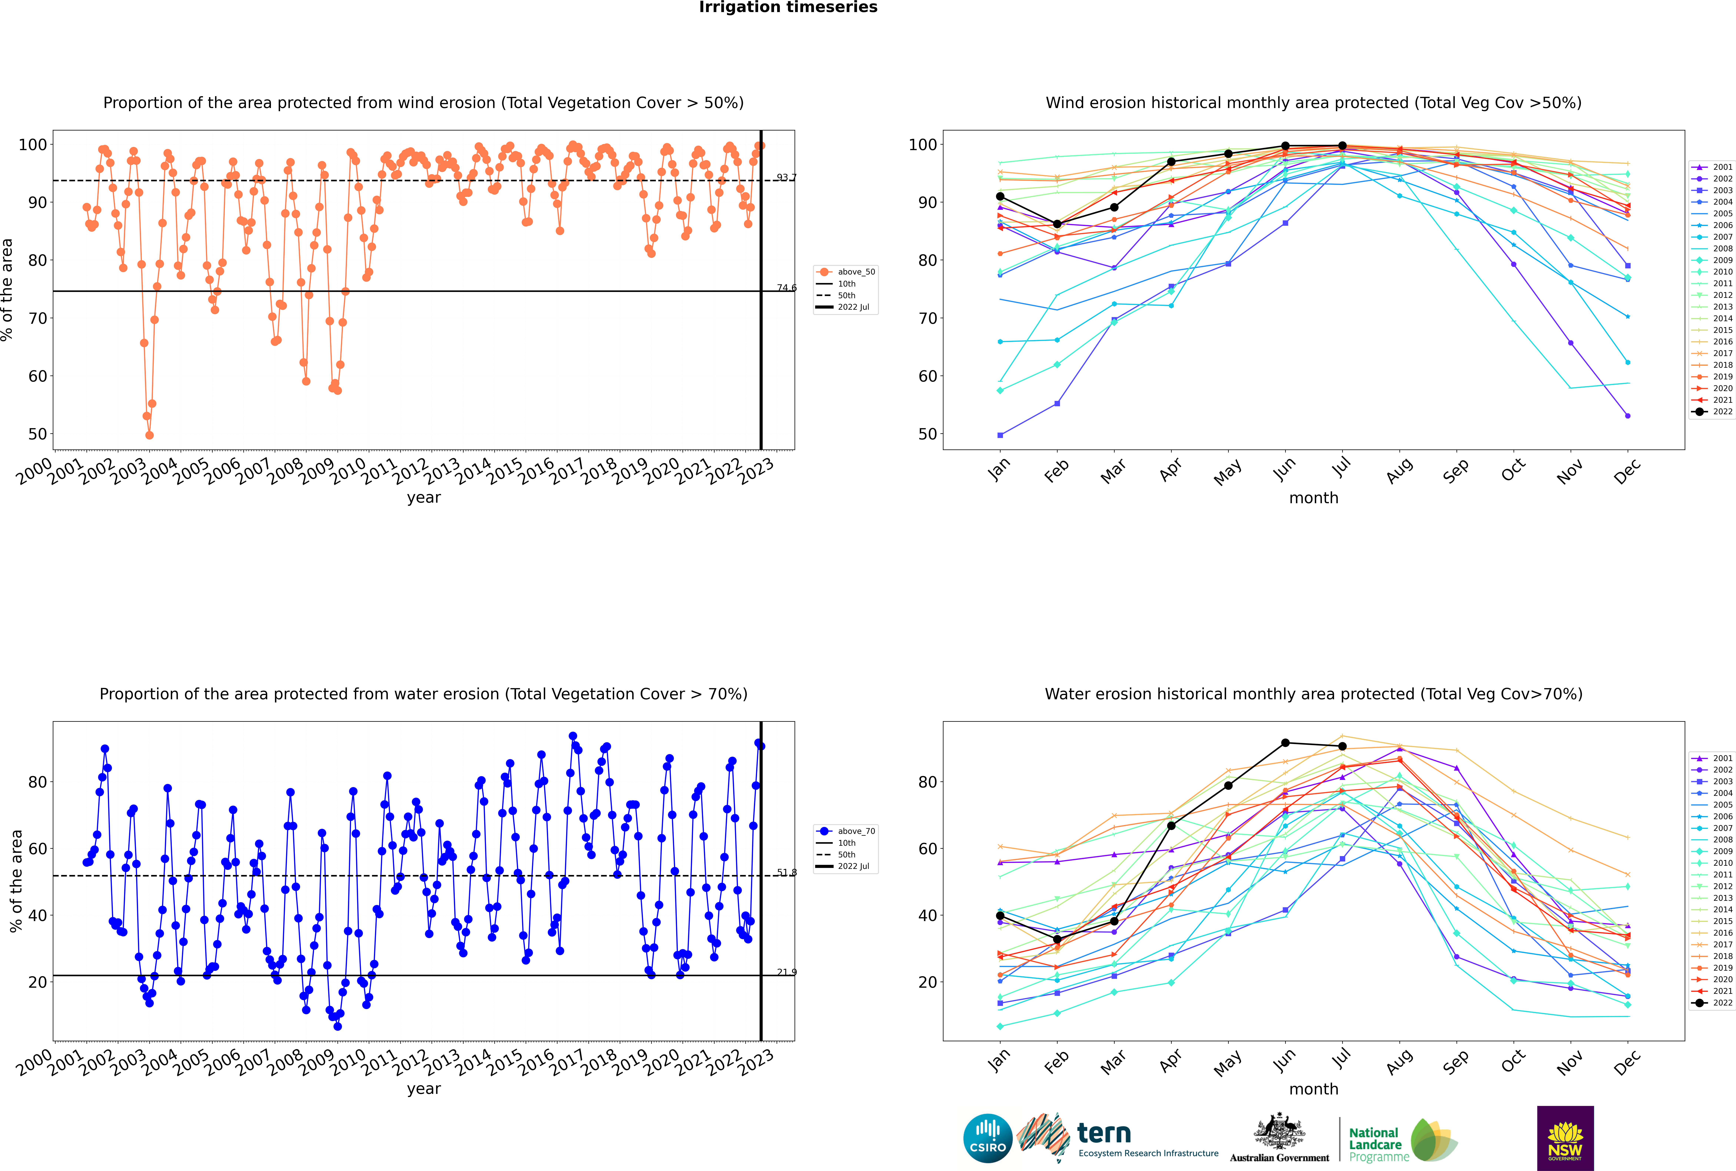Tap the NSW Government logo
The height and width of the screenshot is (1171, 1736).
click(1565, 1138)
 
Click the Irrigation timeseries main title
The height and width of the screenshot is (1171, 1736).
click(788, 7)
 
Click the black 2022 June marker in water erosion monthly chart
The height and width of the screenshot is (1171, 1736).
click(1285, 743)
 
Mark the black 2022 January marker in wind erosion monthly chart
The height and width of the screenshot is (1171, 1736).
click(1000, 196)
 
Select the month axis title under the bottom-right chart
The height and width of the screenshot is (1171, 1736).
click(1314, 1089)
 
